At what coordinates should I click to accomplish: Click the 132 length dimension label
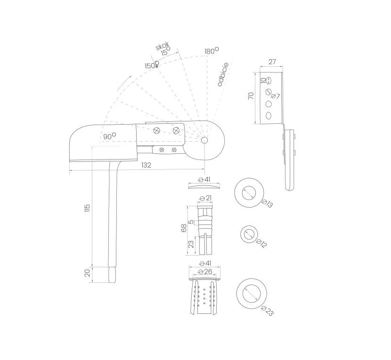146,165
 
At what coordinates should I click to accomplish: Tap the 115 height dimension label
87,208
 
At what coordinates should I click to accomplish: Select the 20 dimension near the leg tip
87,273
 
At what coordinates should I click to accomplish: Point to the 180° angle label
212,50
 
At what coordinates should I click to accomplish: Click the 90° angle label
109,136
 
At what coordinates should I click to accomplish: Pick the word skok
163,46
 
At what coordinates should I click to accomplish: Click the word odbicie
223,74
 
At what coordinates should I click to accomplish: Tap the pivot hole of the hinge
204,141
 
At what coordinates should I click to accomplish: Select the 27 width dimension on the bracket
272,62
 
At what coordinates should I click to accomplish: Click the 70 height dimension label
251,96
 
